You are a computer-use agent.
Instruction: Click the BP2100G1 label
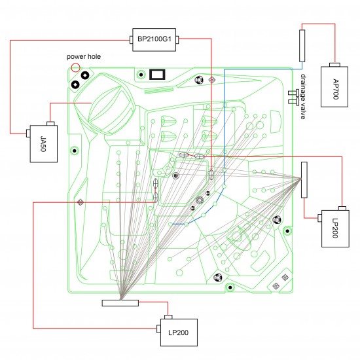click(154, 39)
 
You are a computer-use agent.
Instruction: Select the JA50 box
click(44, 144)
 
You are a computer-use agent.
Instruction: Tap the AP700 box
click(334, 87)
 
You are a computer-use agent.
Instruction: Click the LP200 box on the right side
click(335, 228)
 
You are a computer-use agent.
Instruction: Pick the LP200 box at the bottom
click(179, 333)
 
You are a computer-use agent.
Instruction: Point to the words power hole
click(84, 56)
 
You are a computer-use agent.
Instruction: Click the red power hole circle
click(75, 67)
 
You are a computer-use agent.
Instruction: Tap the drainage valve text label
click(303, 96)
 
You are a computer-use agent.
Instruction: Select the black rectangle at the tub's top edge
click(157, 75)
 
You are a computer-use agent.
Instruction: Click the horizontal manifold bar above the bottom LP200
click(120, 303)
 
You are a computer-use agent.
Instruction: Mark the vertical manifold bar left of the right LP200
click(304, 180)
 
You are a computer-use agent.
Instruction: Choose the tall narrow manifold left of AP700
click(302, 46)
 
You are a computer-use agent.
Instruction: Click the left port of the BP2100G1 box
click(131, 40)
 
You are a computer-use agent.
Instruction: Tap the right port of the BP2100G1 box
click(177, 40)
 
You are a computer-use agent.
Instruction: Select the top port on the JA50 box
click(50, 124)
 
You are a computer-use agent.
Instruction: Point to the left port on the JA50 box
click(28, 134)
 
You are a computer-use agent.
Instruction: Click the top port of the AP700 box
click(334, 65)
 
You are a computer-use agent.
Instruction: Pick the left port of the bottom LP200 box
click(158, 329)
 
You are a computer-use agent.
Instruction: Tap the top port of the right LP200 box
click(342, 208)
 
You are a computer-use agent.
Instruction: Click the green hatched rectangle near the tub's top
click(158, 90)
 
